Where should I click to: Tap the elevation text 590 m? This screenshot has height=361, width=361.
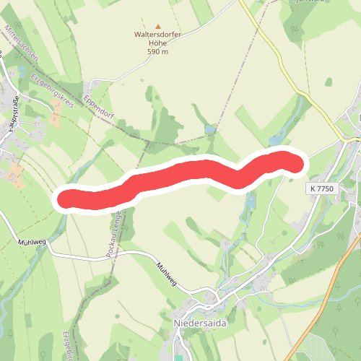(x=158, y=52)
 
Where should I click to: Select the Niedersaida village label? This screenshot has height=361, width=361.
(x=200, y=323)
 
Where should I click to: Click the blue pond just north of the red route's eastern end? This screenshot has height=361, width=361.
(x=277, y=140)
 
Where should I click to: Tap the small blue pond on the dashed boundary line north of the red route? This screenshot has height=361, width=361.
(x=209, y=129)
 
